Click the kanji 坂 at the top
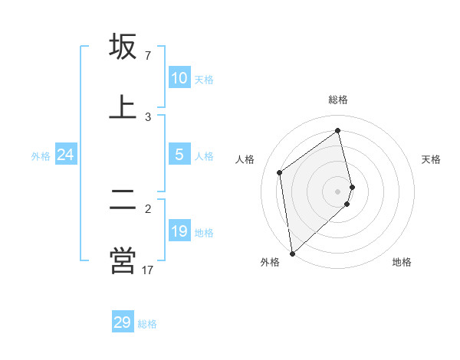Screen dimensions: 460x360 tap(123, 46)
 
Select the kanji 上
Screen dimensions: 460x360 tap(123, 106)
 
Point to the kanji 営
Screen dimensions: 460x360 tap(123, 260)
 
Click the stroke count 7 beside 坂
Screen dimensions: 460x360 tap(148, 56)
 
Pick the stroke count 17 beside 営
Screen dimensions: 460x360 tap(148, 270)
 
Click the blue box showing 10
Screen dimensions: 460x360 tap(179, 78)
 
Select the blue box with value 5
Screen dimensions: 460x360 tap(179, 155)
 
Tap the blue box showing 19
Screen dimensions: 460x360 tap(179, 231)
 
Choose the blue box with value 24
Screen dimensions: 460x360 tap(65, 155)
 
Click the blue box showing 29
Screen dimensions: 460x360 tap(123, 322)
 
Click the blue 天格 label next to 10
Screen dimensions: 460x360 tap(204, 80)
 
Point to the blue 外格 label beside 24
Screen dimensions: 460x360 tap(41, 156)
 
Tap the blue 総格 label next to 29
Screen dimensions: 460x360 tap(147, 324)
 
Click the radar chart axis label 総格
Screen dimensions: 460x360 tap(338, 100)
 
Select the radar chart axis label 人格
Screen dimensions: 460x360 tap(245, 159)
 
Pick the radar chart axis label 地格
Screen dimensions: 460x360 tap(402, 262)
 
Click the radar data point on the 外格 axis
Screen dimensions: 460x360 tap(291, 253)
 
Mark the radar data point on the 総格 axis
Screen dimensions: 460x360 tap(338, 131)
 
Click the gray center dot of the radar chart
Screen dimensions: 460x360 tap(338, 190)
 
